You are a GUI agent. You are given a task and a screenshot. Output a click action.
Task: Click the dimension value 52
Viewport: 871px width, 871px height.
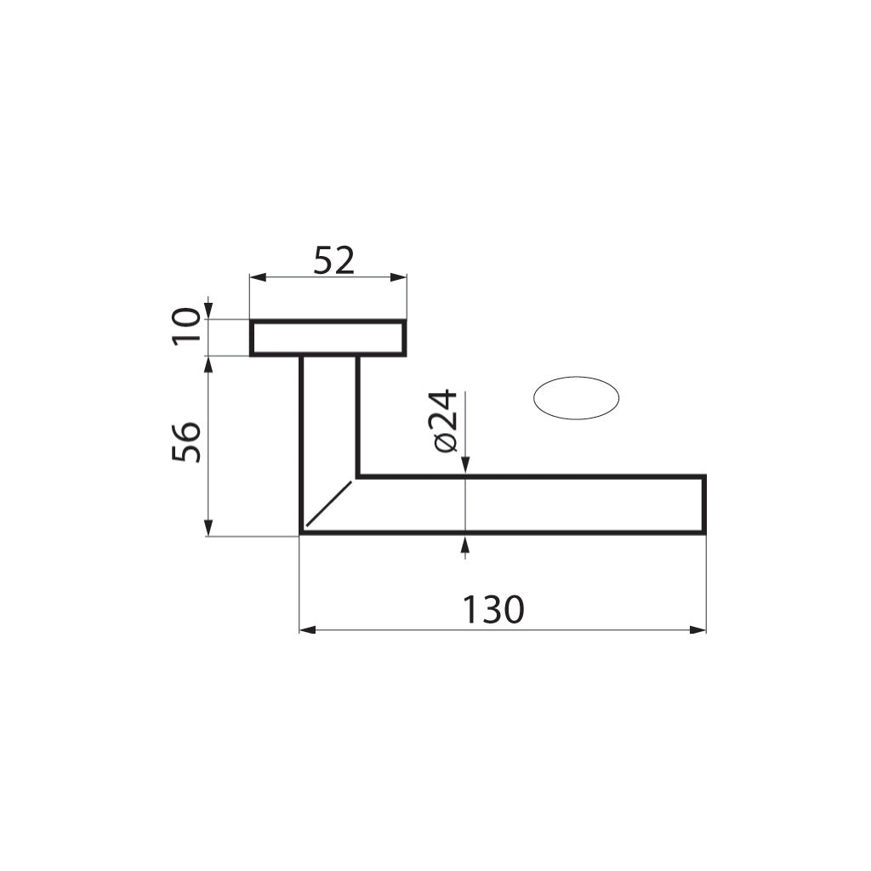pyautogui.click(x=333, y=259)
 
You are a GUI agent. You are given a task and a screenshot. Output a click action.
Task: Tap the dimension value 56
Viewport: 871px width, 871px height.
pyautogui.click(x=187, y=441)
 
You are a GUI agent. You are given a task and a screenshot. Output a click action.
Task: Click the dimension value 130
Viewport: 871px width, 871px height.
pyautogui.click(x=492, y=609)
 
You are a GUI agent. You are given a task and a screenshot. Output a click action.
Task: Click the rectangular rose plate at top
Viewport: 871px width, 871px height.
pyautogui.click(x=327, y=338)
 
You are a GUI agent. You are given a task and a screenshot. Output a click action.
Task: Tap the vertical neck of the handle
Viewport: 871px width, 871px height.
pyautogui.click(x=329, y=417)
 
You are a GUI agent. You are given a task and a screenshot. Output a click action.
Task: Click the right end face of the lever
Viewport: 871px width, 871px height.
pyautogui.click(x=704, y=505)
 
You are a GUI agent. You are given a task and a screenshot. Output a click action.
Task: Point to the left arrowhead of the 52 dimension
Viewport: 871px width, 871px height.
pyautogui.click(x=256, y=277)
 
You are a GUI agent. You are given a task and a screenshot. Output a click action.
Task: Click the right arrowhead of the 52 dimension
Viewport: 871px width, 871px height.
pyautogui.click(x=399, y=277)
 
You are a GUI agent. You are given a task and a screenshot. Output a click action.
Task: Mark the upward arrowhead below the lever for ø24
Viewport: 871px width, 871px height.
pyautogui.click(x=464, y=542)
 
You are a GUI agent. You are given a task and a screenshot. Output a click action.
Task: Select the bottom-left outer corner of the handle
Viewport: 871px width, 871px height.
pyautogui.click(x=302, y=533)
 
